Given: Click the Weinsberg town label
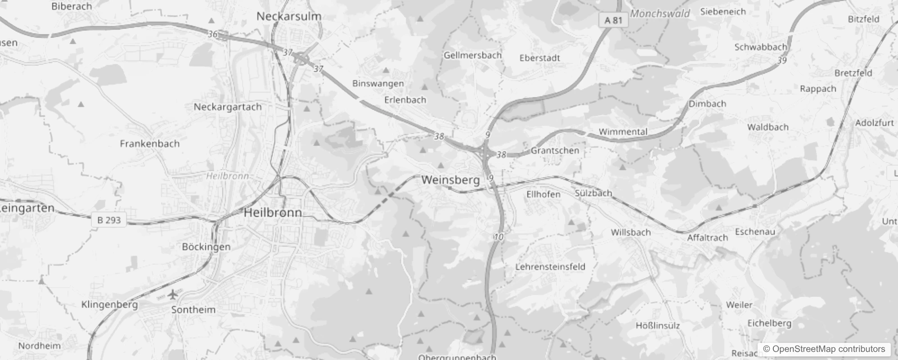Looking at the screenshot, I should click(x=450, y=180).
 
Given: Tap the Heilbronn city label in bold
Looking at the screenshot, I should click(x=273, y=212).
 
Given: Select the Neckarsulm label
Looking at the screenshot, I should click(x=289, y=16).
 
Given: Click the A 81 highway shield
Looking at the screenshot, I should click(x=613, y=20).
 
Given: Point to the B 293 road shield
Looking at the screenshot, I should click(x=109, y=220).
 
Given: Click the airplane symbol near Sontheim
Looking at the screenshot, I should click(x=173, y=295).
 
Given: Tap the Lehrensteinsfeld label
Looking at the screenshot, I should click(x=550, y=266).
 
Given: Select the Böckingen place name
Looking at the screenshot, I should click(x=206, y=247).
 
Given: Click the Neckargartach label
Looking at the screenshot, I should click(x=228, y=107).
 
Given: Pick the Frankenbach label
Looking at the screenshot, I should click(x=150, y=144).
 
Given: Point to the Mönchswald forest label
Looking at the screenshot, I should click(x=660, y=13).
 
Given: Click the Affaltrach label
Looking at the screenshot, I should click(x=707, y=238).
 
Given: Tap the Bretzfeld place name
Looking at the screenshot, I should click(x=853, y=73).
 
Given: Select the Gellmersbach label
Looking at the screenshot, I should click(x=472, y=55).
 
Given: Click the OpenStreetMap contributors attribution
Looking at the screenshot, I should click(x=824, y=349).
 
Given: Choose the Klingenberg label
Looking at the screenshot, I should click(x=109, y=305).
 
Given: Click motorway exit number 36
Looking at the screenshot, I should click(x=213, y=34).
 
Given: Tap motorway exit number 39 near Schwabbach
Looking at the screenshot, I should click(x=782, y=60).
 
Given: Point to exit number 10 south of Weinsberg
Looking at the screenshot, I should click(x=498, y=237).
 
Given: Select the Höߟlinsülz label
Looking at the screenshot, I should click(x=658, y=325).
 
